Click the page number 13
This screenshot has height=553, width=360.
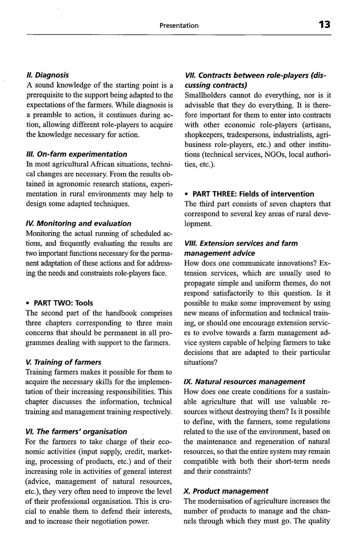(x=324, y=25)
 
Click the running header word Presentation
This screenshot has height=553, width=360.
(x=179, y=26)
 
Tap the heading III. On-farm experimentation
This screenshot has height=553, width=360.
(x=76, y=154)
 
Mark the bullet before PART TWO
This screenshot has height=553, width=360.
(x=28, y=303)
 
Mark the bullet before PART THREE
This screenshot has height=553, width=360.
(x=187, y=194)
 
